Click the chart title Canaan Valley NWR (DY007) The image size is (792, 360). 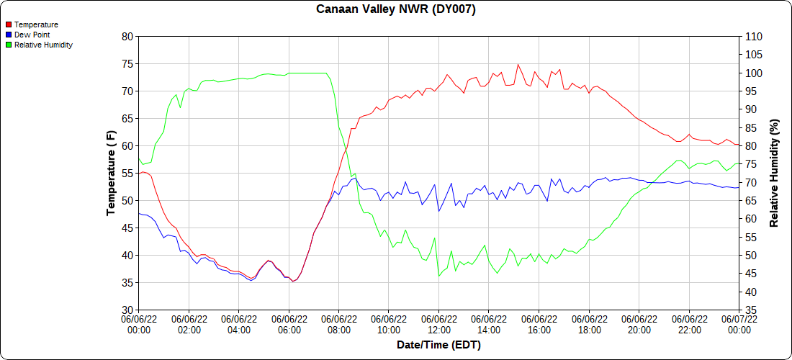click(396, 9)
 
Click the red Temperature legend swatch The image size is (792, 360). click(8, 24)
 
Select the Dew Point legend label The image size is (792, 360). click(32, 35)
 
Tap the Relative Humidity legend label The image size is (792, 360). click(43, 45)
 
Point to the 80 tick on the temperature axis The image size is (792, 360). click(127, 37)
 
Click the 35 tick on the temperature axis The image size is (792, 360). click(127, 283)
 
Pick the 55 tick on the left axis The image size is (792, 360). click(127, 174)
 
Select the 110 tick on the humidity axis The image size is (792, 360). click(754, 37)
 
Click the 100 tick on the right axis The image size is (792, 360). click(754, 73)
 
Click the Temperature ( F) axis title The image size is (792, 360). click(111, 173)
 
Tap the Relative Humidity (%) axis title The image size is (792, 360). click(775, 173)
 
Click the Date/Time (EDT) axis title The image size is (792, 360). click(438, 345)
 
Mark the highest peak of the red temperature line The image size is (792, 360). click(518, 64)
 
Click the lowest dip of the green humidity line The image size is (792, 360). click(439, 276)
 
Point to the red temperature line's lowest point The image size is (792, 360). click(292, 282)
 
